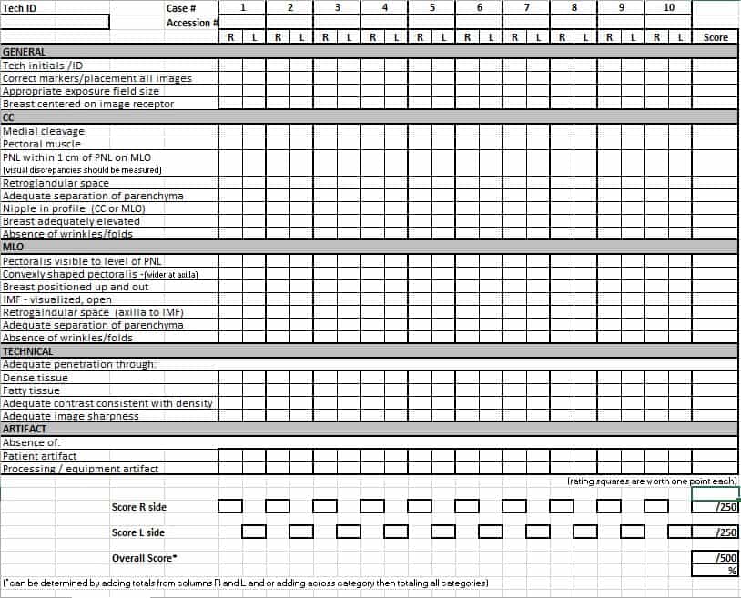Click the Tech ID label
pos(20,7)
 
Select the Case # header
pos(181,7)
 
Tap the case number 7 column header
pos(527,7)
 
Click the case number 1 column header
pos(242,7)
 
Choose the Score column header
pos(716,37)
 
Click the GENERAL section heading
pos(25,52)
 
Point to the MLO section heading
pos(14,247)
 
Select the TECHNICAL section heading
pos(28,350)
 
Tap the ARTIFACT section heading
pos(25,429)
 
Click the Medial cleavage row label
pos(44,131)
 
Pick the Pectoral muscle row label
pos(42,144)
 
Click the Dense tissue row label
pos(36,378)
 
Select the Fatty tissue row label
pos(32,390)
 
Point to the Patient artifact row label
pos(40,456)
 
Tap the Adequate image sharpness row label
pos(71,416)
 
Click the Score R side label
pos(139,507)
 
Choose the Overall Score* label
pos(144,558)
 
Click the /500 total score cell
pos(716,558)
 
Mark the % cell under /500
pos(716,571)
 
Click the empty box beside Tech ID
pos(56,21)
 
